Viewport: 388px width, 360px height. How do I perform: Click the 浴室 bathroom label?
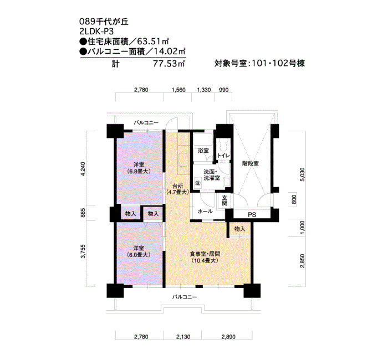(x=203, y=151)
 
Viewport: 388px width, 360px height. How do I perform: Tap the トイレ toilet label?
(x=224, y=156)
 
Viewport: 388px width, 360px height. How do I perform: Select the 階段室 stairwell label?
(x=251, y=163)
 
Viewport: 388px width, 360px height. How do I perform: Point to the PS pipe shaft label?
(x=252, y=215)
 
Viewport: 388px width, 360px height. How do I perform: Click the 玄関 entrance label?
(x=224, y=200)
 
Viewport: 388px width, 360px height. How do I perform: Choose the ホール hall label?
(x=205, y=212)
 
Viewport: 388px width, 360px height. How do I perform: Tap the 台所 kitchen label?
(x=178, y=189)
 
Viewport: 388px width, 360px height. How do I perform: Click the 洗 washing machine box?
(x=198, y=183)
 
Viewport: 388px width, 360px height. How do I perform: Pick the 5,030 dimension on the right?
(x=302, y=174)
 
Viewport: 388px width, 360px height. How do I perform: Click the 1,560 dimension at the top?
(x=178, y=90)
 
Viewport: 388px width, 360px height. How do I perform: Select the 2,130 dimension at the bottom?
(x=183, y=337)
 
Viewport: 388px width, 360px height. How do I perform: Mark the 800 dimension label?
(x=294, y=199)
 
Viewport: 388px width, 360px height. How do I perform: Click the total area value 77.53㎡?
(x=169, y=64)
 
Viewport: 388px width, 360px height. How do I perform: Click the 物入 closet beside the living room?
(x=239, y=229)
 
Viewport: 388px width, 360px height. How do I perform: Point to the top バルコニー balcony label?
(x=146, y=122)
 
